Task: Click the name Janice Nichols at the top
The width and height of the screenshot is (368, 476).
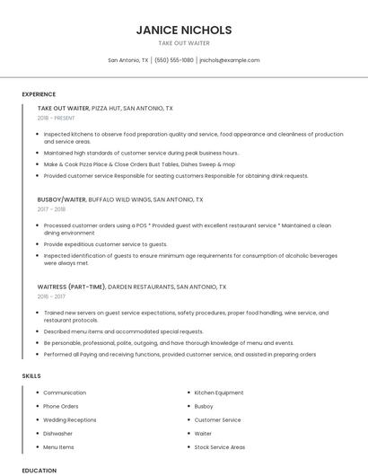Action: [x=184, y=30]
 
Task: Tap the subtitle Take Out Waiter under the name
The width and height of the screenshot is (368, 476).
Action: [x=184, y=43]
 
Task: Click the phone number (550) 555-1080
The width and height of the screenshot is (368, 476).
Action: [x=174, y=60]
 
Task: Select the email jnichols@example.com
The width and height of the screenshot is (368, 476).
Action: [x=230, y=60]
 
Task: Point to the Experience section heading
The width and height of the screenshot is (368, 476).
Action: [x=39, y=94]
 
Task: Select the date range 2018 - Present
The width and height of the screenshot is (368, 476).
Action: [x=56, y=119]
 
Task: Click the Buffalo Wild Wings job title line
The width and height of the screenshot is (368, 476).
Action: [x=120, y=199]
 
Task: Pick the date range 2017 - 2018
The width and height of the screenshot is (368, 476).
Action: [x=51, y=209]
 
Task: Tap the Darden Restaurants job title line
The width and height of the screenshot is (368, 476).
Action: [x=132, y=287]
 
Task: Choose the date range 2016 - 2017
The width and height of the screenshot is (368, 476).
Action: [x=51, y=297]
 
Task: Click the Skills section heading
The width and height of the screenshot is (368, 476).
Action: [x=31, y=375]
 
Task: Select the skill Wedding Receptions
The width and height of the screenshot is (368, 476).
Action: [x=70, y=419]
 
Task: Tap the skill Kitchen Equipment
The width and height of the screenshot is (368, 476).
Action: [x=219, y=392]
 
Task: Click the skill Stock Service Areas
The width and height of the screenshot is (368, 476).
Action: [x=220, y=446]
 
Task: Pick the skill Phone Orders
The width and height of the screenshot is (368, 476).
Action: [x=61, y=406]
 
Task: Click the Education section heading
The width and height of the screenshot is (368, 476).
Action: [x=39, y=470]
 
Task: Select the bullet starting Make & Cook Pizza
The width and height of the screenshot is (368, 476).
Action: [x=139, y=164]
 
